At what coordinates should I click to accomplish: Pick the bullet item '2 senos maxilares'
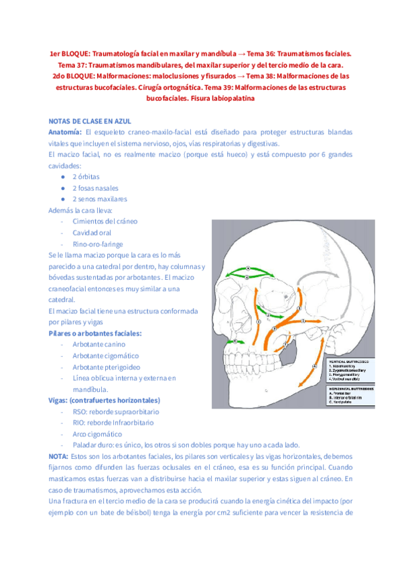pos(100,199)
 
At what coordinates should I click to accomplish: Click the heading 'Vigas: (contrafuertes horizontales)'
pos(104,401)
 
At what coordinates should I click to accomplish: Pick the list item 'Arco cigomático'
pos(102,434)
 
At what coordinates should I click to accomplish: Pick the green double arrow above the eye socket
pos(247,270)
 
